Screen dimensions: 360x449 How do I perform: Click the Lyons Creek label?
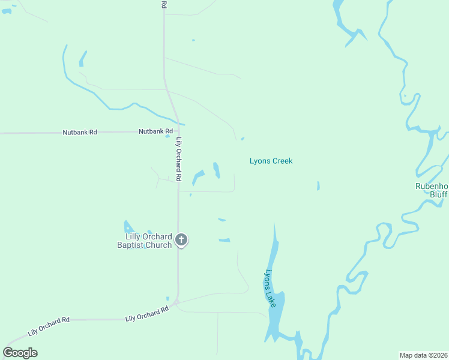pos(271,161)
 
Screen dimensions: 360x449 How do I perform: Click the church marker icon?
pos(182,241)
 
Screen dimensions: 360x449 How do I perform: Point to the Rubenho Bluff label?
pos(432,190)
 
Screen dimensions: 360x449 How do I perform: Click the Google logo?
pos(20,352)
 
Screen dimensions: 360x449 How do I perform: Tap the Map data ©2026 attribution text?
pos(423,355)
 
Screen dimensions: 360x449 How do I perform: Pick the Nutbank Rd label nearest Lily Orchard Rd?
pos(155,131)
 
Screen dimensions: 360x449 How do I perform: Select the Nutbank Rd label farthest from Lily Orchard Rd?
pos(80,132)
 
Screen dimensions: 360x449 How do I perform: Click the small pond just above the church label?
pos(128,227)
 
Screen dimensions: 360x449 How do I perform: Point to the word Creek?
pos(282,161)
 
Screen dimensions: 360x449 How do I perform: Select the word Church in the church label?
pos(158,245)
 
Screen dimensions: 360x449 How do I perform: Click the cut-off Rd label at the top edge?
pos(164,4)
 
